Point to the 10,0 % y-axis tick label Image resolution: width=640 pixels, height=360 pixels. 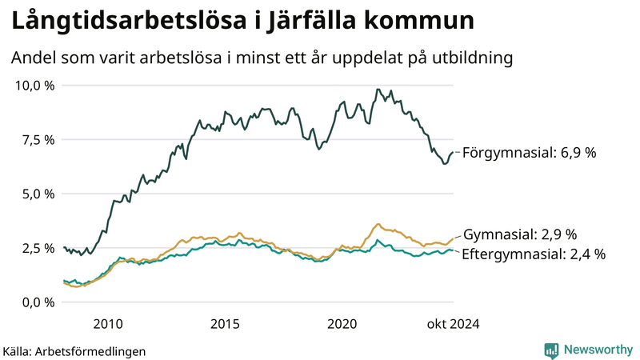point(35,85)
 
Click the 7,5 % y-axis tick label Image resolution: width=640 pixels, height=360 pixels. point(38,139)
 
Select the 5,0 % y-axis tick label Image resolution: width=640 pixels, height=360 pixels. point(38,194)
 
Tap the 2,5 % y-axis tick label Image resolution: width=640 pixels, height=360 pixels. point(38,248)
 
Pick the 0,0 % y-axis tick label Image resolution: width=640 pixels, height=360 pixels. point(38,302)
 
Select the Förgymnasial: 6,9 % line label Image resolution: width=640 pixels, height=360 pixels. point(530,152)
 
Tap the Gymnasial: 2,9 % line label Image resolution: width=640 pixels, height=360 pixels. point(520,234)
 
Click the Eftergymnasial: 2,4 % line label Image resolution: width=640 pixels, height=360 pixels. point(534,254)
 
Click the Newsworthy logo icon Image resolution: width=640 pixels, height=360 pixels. point(551,350)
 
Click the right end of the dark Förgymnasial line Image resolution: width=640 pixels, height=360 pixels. point(453,152)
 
